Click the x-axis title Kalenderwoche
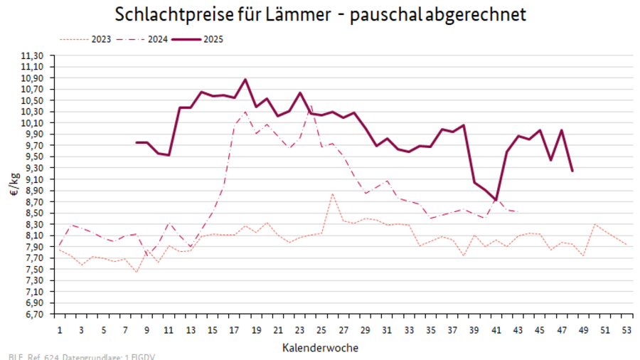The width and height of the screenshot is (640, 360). [x=320, y=348]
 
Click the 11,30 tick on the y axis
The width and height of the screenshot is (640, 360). [x=34, y=55]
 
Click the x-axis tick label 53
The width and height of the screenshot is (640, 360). [x=626, y=330]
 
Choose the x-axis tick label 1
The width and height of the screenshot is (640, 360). [x=60, y=330]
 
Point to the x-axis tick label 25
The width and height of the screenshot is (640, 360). [x=321, y=330]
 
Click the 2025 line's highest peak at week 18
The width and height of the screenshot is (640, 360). [x=245, y=79]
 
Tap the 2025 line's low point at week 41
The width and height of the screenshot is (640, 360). [x=496, y=201]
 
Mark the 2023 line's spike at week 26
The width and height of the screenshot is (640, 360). [x=332, y=194]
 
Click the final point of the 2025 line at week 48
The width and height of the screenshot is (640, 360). [x=572, y=171]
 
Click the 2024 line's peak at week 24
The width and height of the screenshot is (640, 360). [x=311, y=106]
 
